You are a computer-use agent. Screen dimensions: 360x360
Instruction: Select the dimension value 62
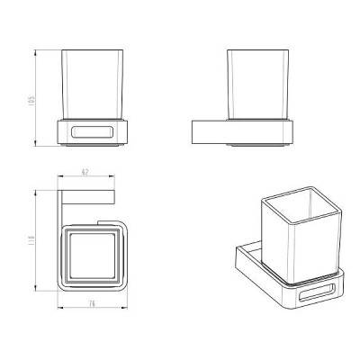[x=85, y=172]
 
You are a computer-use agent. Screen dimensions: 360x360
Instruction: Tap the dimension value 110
[x=32, y=240]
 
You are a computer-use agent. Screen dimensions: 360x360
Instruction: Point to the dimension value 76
[x=92, y=303]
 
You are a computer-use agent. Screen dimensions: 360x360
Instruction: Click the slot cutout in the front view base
[x=92, y=132]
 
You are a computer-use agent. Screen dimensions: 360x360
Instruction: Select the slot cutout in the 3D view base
[x=316, y=292]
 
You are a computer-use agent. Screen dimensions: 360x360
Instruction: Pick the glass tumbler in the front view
[x=92, y=85]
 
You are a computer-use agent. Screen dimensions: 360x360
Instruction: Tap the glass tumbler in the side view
[x=257, y=85]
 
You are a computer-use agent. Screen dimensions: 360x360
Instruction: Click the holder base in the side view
[x=242, y=132]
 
